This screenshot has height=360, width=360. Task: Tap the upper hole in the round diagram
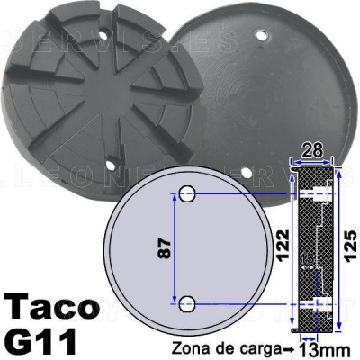[x=187, y=193]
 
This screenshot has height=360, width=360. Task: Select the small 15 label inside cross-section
[x=308, y=261]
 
